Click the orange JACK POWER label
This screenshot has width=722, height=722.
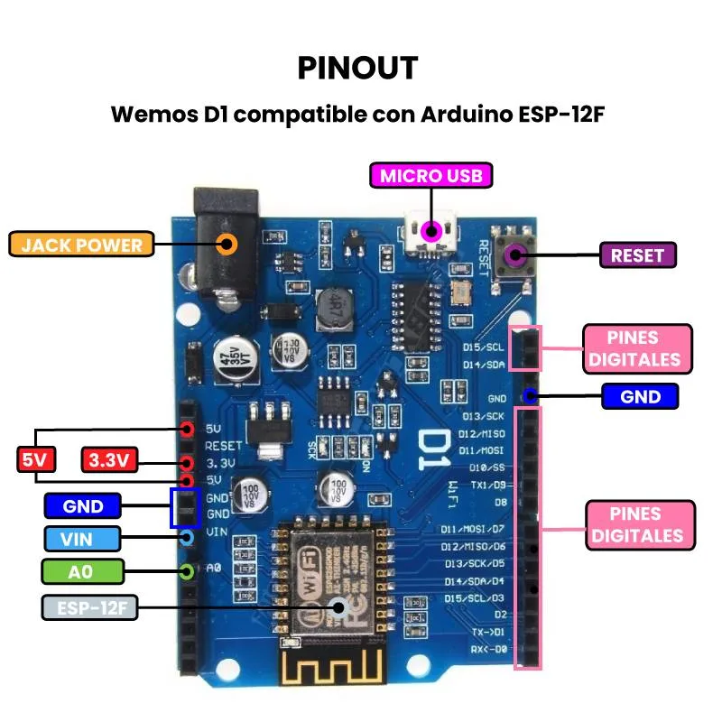pyautogui.click(x=82, y=245)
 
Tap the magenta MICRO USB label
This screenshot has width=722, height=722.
pyautogui.click(x=431, y=175)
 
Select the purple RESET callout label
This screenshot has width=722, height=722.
pyautogui.click(x=637, y=255)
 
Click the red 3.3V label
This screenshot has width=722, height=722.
pyautogui.click(x=110, y=460)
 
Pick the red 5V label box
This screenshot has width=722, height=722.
pyautogui.click(x=35, y=460)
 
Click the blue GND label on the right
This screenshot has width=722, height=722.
pyautogui.click(x=640, y=396)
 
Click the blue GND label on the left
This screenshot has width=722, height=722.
pyautogui.click(x=83, y=506)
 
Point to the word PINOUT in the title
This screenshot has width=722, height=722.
pyautogui.click(x=357, y=68)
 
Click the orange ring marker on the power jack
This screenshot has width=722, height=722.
pyautogui.click(x=228, y=244)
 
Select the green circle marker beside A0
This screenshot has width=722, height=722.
pyautogui.click(x=187, y=570)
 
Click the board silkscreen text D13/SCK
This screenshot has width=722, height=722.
pyautogui.click(x=484, y=416)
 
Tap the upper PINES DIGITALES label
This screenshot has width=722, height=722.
pyautogui.click(x=637, y=348)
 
